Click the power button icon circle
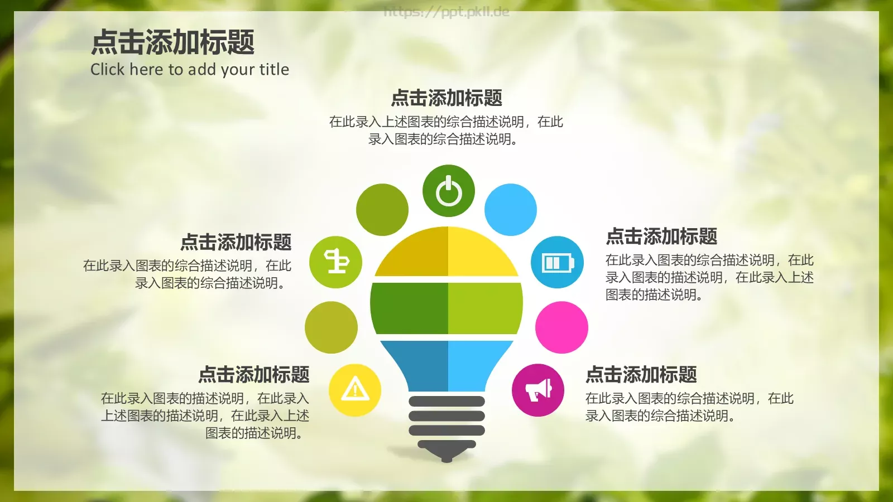(448, 191)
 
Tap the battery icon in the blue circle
(557, 262)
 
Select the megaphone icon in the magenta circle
(538, 390)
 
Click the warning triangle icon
(355, 390)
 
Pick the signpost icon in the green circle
(336, 262)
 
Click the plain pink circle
(561, 327)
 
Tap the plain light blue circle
(511, 210)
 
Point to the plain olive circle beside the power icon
(382, 210)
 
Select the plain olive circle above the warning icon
(331, 327)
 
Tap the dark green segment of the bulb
(411, 308)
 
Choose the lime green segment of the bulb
(483, 308)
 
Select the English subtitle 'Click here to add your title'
(190, 69)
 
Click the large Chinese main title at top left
(173, 42)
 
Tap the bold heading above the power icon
(446, 98)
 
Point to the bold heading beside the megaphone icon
(641, 374)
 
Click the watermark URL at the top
(446, 12)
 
